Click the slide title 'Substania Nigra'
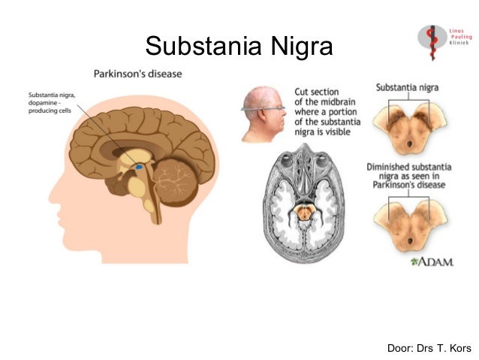[x=239, y=47]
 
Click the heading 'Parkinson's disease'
[x=137, y=74]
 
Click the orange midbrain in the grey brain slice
[x=303, y=213]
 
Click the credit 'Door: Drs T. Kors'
[x=429, y=348]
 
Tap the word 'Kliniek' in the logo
[x=459, y=44]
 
